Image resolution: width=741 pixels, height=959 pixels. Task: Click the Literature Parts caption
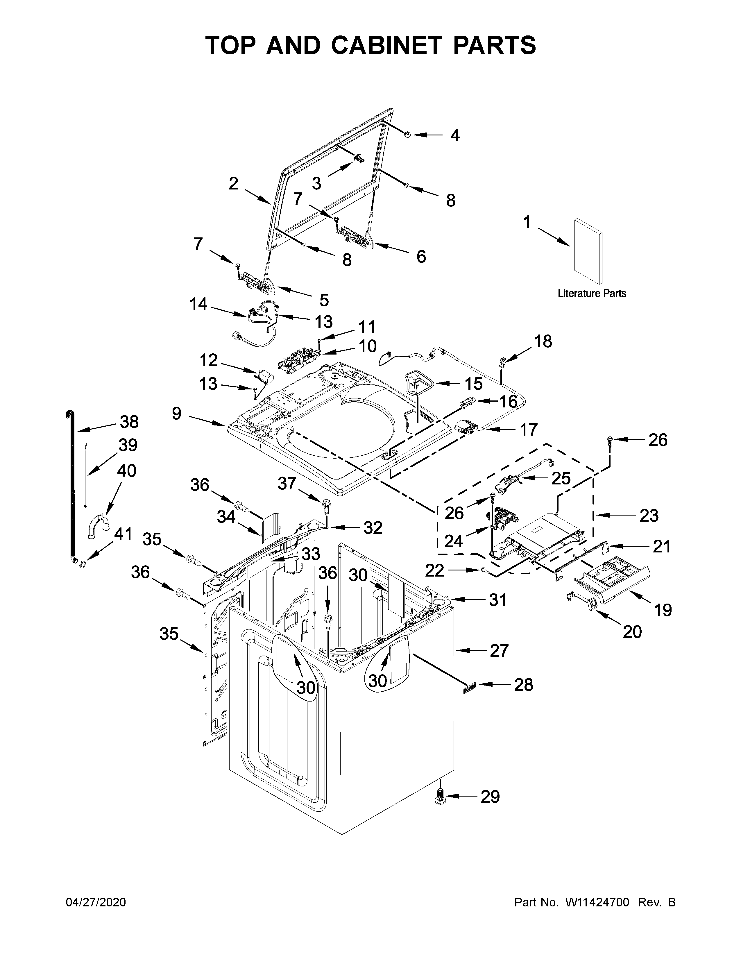point(592,293)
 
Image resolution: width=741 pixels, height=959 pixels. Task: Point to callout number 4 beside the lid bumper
point(455,135)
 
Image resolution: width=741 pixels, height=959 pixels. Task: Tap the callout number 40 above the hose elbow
point(126,471)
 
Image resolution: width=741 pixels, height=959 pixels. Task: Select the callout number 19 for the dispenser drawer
point(663,610)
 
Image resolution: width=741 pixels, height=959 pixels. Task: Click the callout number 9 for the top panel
point(176,413)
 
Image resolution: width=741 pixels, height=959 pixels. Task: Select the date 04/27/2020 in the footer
point(96,902)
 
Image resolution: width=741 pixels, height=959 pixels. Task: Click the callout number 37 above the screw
point(287,484)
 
